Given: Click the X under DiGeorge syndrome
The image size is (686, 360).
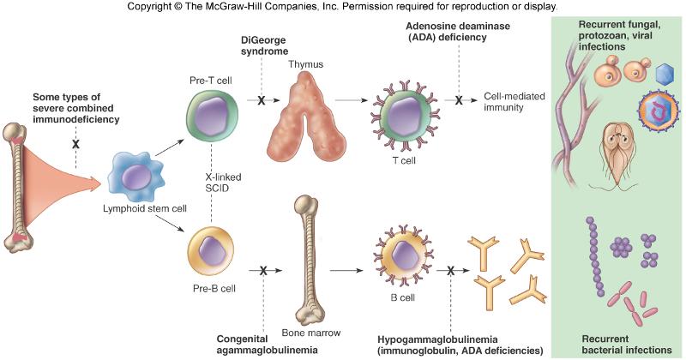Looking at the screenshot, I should pyautogui.click(x=261, y=100).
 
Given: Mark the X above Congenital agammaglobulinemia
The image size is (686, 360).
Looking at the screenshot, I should pyautogui.click(x=263, y=271).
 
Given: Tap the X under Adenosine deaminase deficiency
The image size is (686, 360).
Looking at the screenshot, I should pyautogui.click(x=459, y=100).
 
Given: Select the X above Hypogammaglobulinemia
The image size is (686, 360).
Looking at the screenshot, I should pyautogui.click(x=451, y=271).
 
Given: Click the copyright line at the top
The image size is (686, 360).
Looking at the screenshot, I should pyautogui.click(x=342, y=7).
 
